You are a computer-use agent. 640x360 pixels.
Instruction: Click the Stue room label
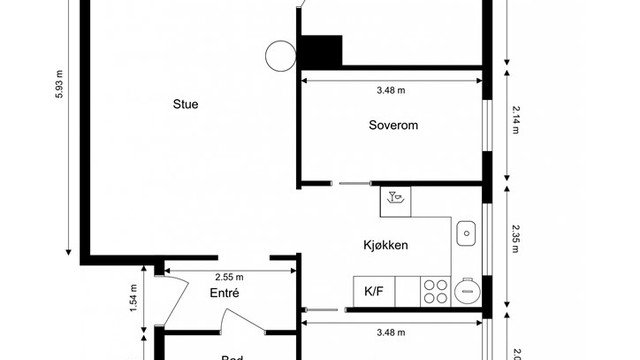(185, 102)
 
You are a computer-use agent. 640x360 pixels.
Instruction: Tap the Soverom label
(392, 125)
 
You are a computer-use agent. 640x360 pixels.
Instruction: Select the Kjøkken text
(385, 245)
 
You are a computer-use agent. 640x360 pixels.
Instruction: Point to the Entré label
(224, 293)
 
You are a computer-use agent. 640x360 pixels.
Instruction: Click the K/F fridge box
(374, 292)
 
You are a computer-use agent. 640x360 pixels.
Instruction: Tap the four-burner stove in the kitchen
(436, 291)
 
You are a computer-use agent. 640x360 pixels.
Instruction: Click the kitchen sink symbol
(467, 234)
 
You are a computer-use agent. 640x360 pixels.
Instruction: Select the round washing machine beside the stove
(467, 291)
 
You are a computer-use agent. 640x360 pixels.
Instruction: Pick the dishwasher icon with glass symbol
(396, 198)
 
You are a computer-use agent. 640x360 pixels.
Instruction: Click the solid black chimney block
(322, 50)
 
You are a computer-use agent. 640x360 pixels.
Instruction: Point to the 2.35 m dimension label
(515, 239)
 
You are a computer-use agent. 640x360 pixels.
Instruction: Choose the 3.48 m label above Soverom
(391, 90)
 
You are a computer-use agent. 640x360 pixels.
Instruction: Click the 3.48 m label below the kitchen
(391, 331)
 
